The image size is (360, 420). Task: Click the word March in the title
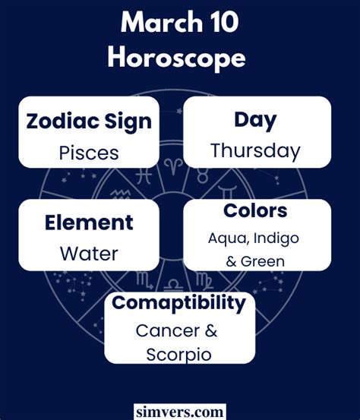coord(162,22)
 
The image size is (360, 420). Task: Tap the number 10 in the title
coord(223,22)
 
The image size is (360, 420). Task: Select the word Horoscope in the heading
coord(176,58)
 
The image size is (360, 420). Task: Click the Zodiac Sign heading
coord(89,122)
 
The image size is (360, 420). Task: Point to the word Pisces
coord(89,153)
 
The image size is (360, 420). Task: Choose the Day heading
coord(255,120)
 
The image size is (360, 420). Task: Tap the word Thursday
coord(255,151)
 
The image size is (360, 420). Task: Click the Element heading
coord(89,223)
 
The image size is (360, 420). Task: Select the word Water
coord(89,254)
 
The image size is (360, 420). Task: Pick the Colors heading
coord(255,210)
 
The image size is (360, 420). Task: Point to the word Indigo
coord(276,238)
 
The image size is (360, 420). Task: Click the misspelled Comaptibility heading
coord(178,303)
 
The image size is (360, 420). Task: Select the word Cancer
coord(168,331)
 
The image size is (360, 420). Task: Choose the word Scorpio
coord(178,355)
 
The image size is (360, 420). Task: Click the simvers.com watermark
coord(180,412)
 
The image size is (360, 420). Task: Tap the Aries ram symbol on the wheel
coord(173,167)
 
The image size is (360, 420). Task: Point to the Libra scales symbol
coord(173,286)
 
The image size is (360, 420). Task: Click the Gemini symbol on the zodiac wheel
coord(227,192)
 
